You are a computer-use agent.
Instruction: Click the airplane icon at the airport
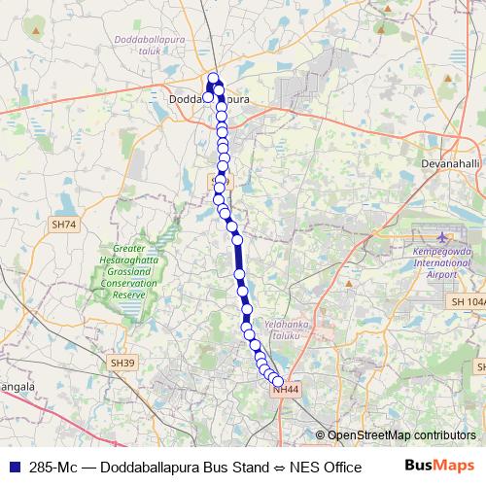444,236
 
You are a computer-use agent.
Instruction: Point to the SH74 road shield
63,225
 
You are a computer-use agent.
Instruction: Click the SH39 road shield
121,363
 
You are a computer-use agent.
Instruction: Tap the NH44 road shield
286,390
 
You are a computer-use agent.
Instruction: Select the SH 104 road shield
468,303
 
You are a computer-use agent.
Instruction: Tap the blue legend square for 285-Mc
14,467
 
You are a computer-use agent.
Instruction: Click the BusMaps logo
439,466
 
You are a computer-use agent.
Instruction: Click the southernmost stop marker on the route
279,381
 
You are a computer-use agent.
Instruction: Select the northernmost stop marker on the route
214,79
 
